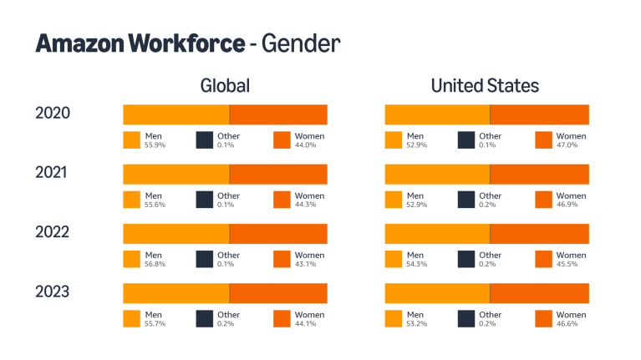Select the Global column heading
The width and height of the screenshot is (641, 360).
tap(225, 85)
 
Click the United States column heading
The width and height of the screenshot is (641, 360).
tap(485, 85)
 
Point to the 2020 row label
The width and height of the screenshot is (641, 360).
tap(53, 114)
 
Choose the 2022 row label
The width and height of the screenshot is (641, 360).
tap(53, 232)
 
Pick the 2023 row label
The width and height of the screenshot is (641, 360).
tap(53, 292)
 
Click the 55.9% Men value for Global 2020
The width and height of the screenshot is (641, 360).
tap(155, 145)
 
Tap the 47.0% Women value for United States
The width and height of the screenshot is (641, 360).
tap(567, 145)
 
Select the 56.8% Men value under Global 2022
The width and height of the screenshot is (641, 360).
tap(155, 264)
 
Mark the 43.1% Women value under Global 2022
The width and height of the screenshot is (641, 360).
tap(305, 264)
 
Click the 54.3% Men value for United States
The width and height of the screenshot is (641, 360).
tap(416, 264)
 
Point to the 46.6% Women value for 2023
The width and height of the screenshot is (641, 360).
tap(567, 324)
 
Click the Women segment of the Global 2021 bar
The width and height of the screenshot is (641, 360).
tap(278, 174)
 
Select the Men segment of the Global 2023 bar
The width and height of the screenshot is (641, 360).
tap(176, 293)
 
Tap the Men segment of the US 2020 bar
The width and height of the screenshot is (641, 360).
tap(436, 114)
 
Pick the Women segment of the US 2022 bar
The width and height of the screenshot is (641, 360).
tap(539, 234)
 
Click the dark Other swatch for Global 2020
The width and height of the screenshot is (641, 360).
tap(205, 140)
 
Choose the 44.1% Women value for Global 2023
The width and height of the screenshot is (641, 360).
tap(305, 324)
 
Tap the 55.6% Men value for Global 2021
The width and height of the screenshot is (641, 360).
tap(155, 205)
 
